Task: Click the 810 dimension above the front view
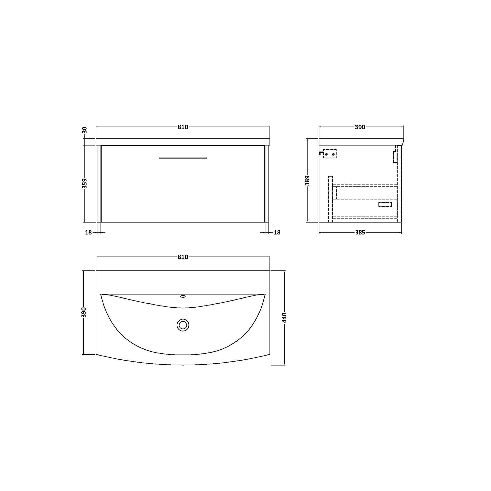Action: [x=183, y=127]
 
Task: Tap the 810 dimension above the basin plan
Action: [x=183, y=257]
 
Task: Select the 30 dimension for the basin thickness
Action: [x=85, y=130]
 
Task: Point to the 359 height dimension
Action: [x=85, y=183]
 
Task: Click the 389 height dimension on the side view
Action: [x=307, y=180]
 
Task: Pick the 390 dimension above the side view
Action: [x=360, y=127]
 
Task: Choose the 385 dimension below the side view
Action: [x=360, y=232]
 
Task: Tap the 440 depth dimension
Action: [x=285, y=318]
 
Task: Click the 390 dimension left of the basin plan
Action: [x=84, y=312]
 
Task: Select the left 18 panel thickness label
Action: [x=88, y=232]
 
